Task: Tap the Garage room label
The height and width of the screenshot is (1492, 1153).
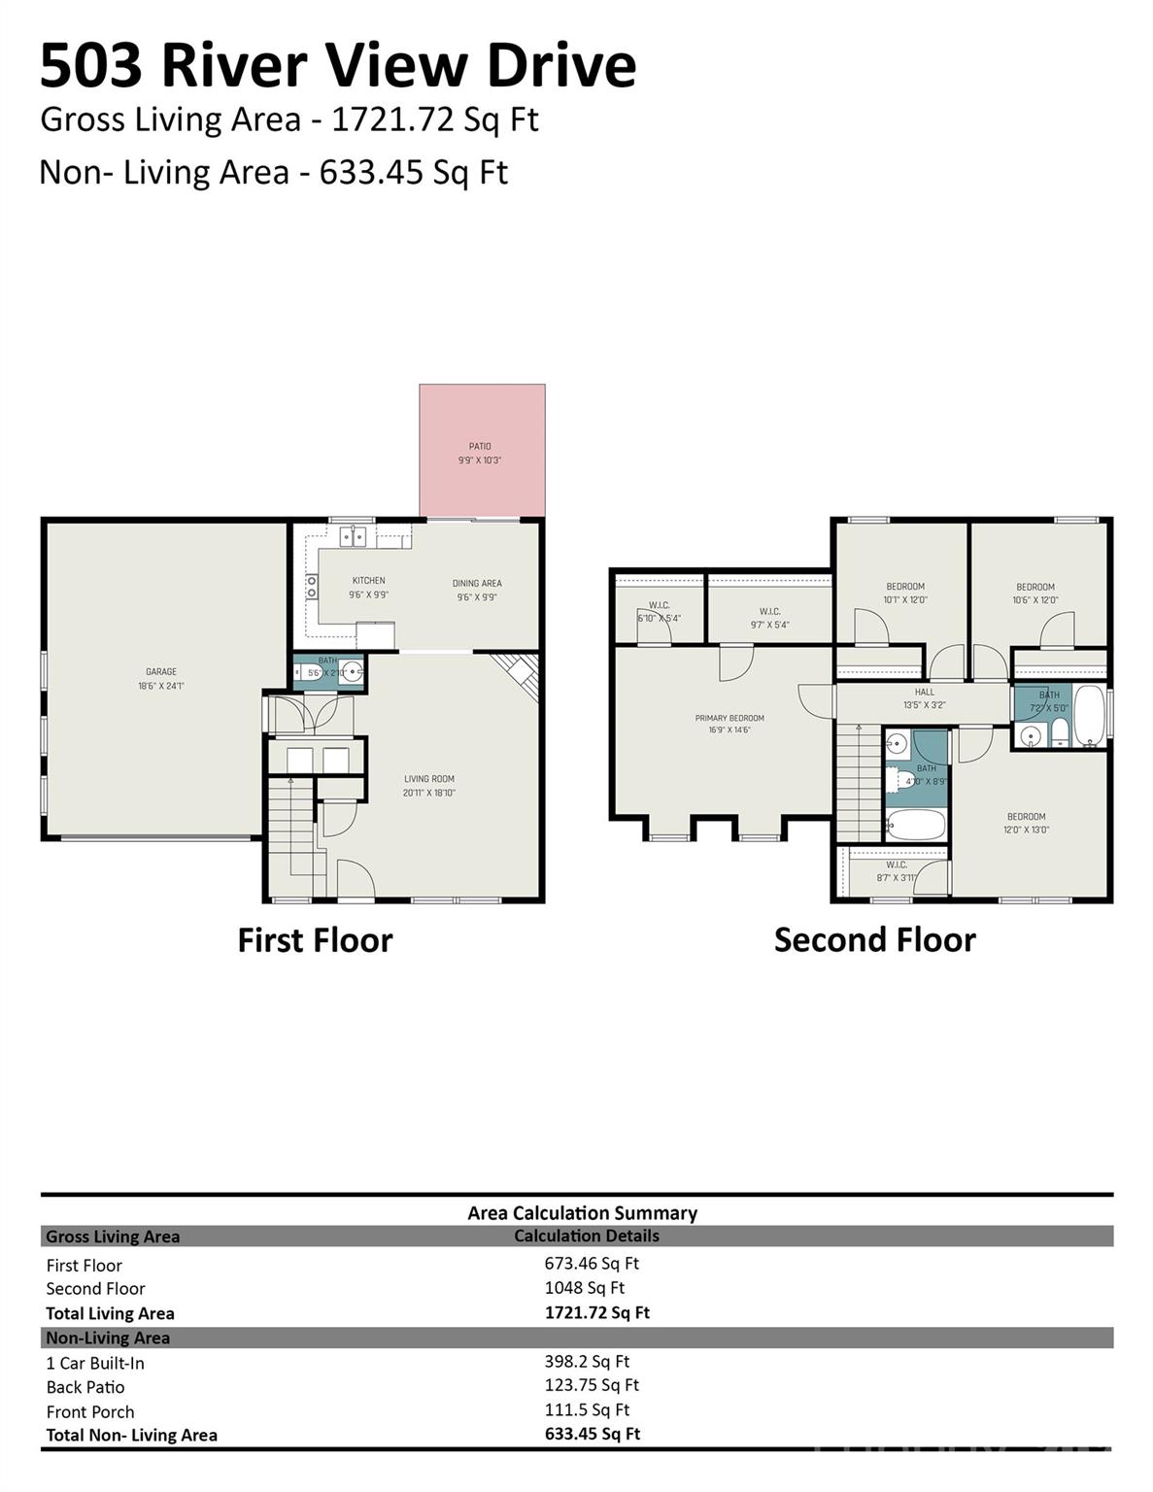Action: (x=161, y=678)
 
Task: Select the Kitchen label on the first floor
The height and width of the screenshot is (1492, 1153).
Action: (x=368, y=587)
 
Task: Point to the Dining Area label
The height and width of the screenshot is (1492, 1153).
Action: (x=477, y=590)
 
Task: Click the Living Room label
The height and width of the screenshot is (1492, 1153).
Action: (x=428, y=785)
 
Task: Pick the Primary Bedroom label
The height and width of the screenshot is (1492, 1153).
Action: (x=729, y=724)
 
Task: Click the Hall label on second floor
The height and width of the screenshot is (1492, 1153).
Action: (x=924, y=697)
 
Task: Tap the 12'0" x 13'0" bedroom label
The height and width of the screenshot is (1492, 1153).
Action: (x=1026, y=823)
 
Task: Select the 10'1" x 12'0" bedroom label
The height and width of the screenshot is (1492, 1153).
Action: (x=904, y=593)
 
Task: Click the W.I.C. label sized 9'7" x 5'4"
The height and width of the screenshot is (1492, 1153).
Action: (x=769, y=618)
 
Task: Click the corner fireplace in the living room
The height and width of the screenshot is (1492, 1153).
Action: (x=518, y=673)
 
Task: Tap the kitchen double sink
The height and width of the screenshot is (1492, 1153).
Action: (x=352, y=534)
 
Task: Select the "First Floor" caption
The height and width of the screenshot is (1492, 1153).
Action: (x=315, y=940)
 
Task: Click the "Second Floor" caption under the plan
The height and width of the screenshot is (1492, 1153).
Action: (x=874, y=939)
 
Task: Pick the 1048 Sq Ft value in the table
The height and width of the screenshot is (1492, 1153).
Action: (x=584, y=1288)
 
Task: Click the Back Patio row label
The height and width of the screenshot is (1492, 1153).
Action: (x=85, y=1387)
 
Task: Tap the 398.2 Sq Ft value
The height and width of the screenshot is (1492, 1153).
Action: (x=587, y=1362)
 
